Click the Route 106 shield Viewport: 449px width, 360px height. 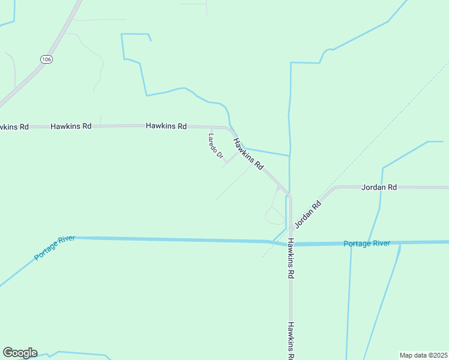point(46,59)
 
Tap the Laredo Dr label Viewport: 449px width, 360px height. point(215,146)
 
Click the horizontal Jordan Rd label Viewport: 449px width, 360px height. point(379,187)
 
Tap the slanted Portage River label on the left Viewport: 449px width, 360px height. point(55,248)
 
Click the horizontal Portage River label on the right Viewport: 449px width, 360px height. point(367,244)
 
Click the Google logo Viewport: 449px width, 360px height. point(20,353)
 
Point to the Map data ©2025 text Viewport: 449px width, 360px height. point(423,355)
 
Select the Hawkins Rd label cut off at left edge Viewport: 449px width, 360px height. point(13,127)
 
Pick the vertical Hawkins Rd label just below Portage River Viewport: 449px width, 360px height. point(291,259)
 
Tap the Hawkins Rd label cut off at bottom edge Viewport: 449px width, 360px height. point(291,341)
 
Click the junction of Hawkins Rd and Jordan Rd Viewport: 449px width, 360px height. point(291,229)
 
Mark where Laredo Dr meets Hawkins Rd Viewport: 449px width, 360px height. point(236,152)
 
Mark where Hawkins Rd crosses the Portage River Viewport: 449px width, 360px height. point(291,244)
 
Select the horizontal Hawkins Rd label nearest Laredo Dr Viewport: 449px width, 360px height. point(166,126)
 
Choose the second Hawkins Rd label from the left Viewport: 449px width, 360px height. point(71,127)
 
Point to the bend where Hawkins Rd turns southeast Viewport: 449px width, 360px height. point(231,130)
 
